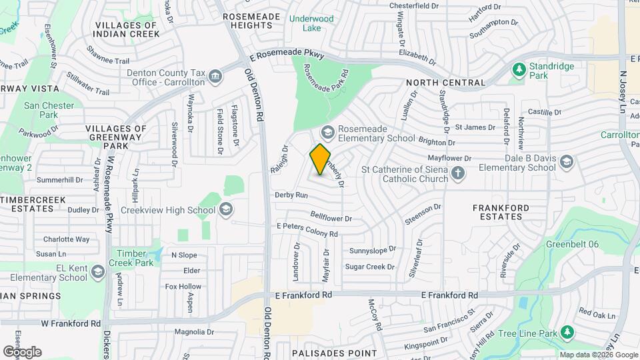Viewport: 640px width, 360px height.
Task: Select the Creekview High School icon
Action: pos(225,210)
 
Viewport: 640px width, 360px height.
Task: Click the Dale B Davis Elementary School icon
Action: pos(566,162)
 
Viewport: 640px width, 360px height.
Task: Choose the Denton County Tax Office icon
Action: pos(215,77)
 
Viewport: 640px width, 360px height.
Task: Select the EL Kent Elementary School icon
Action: pos(98,271)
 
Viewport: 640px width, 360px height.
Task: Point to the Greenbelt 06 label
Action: pos(571,245)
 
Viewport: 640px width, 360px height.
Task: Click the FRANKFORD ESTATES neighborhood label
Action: pos(501,212)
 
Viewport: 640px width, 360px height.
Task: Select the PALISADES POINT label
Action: pos(334,353)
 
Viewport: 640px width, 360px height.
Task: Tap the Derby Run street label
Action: pos(291,195)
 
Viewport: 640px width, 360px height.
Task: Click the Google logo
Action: pos(22,351)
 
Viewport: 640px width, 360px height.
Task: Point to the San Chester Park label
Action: pos(41,110)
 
